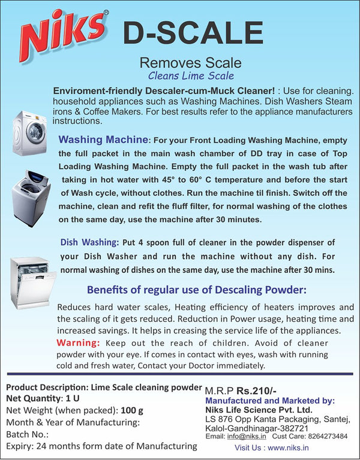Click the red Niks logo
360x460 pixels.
point(62,35)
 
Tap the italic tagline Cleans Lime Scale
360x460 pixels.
point(191,76)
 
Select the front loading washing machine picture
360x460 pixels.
point(29,133)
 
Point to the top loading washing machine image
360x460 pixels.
point(31,199)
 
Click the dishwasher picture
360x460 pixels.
point(32,283)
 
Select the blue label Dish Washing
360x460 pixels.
point(89,242)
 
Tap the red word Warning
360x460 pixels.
point(78,342)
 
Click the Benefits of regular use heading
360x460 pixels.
point(197,290)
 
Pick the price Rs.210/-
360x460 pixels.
point(256,391)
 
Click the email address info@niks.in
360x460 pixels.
point(247,436)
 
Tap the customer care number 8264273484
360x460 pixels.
point(328,436)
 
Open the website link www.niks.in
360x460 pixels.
point(288,448)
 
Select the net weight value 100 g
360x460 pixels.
point(132,410)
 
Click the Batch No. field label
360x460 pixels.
point(27,434)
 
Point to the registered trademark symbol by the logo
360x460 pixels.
point(106,13)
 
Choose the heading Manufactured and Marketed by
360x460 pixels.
point(270,401)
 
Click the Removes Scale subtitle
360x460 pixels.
point(190,63)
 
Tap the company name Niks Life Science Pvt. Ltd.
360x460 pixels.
point(259,410)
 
